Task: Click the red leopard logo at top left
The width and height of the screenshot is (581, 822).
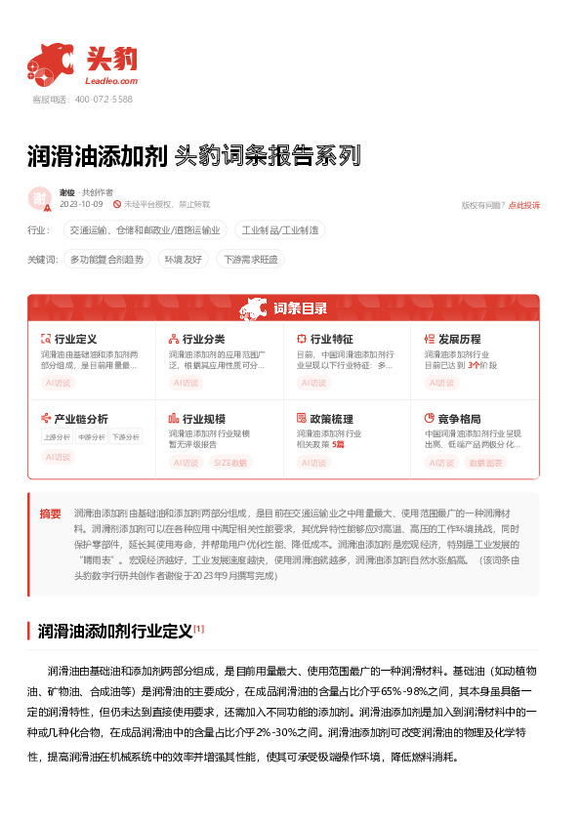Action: (x=51, y=62)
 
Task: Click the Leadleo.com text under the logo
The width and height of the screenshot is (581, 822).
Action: (x=112, y=82)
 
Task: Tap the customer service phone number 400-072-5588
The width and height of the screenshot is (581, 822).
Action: (x=104, y=100)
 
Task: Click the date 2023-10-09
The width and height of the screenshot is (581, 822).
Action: (x=81, y=204)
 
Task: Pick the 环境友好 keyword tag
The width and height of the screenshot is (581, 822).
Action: (x=183, y=260)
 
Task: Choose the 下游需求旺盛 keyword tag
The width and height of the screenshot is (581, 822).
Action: (x=251, y=260)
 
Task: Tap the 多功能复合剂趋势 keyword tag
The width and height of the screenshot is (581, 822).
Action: (x=106, y=260)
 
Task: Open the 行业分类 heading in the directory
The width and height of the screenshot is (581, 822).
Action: (x=203, y=339)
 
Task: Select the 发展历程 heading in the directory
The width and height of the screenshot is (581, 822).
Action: (x=459, y=339)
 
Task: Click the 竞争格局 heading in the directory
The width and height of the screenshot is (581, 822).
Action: (x=459, y=419)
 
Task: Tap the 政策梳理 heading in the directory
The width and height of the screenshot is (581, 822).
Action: (x=331, y=419)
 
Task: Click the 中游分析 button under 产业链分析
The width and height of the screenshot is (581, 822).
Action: (x=90, y=437)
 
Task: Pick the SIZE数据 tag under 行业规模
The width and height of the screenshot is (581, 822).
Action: (x=230, y=462)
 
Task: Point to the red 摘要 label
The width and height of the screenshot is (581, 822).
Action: (x=50, y=514)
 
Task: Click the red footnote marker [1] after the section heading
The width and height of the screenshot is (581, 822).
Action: (x=198, y=628)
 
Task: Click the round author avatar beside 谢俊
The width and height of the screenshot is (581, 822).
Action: (x=40, y=198)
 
